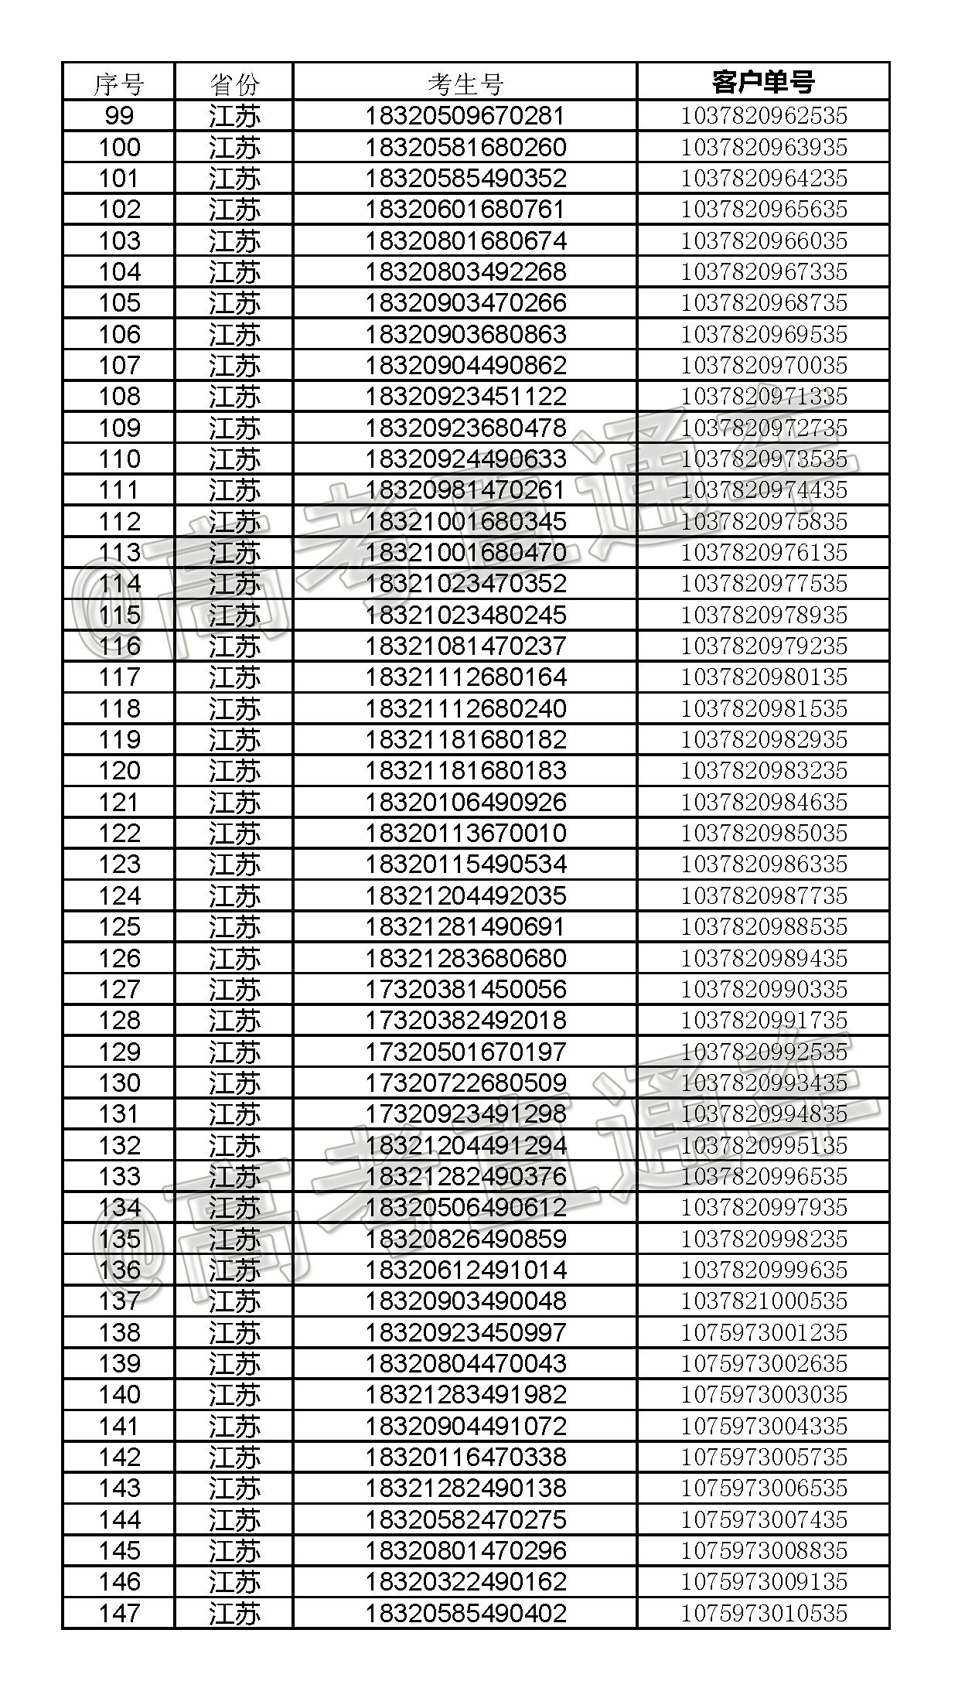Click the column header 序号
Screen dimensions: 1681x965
[x=118, y=83]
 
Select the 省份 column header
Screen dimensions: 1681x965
[x=234, y=83]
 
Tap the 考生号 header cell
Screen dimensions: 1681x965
[x=465, y=83]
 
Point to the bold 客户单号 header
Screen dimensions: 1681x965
[x=763, y=81]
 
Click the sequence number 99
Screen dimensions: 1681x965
[x=118, y=116]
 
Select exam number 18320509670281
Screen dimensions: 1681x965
[x=465, y=116]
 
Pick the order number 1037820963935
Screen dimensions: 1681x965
[x=763, y=147]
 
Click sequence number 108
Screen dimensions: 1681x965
[x=118, y=396]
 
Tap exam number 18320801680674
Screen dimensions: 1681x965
[x=465, y=240]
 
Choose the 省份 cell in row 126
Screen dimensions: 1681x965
[x=234, y=958]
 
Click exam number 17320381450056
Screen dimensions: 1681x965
[x=465, y=989]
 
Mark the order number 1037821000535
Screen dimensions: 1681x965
[x=763, y=1301]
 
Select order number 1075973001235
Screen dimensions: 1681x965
[x=763, y=1332]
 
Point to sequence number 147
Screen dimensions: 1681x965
[x=118, y=1612]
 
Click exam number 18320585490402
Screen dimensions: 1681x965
[x=465, y=1612]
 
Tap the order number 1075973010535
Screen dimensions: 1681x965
[x=763, y=1612]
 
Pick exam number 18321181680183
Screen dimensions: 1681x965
[x=465, y=770]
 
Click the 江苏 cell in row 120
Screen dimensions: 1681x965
[x=234, y=770]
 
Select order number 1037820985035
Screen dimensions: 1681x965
[x=763, y=833]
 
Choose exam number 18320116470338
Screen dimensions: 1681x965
[x=465, y=1457]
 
